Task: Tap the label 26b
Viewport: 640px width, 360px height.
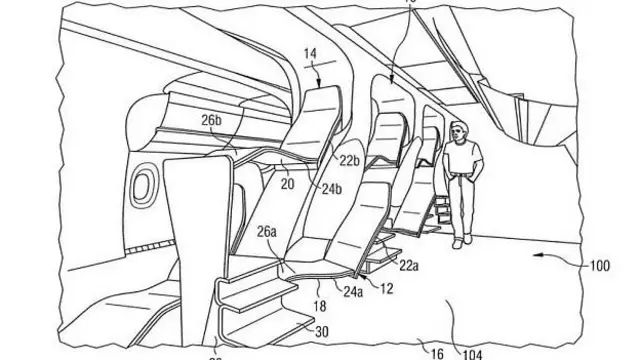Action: point(211,122)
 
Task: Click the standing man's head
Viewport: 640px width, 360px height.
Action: point(459,130)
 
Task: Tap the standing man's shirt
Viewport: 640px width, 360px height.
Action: point(463,159)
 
